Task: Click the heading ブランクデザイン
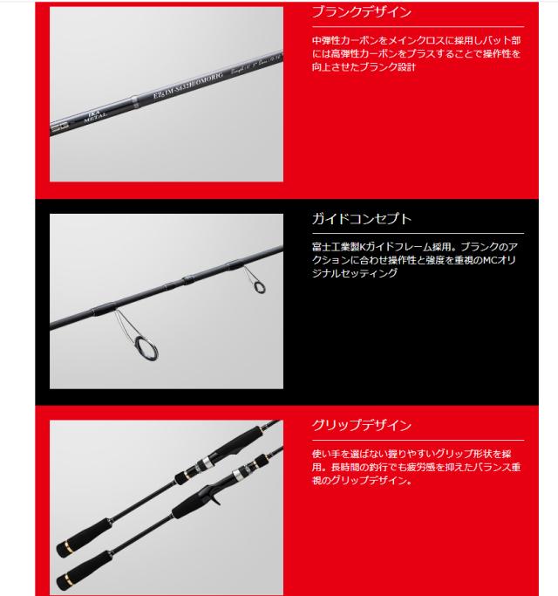tap(361, 13)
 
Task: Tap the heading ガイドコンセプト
tap(361, 219)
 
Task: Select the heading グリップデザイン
tap(361, 426)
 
